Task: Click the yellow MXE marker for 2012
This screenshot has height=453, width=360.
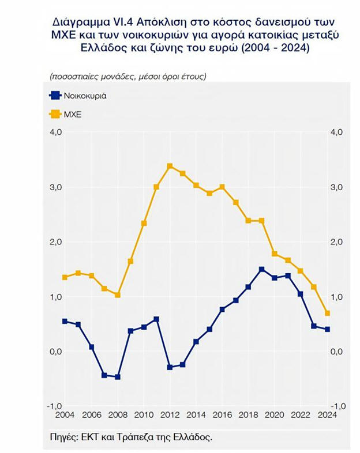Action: pos(170,166)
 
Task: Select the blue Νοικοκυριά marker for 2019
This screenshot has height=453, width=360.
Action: pos(261,269)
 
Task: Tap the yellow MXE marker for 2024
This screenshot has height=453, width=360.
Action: pos(328,313)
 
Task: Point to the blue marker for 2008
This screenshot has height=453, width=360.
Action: pos(117,377)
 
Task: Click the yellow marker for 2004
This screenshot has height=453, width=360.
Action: pos(65,277)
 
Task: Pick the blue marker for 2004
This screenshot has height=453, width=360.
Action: pos(65,321)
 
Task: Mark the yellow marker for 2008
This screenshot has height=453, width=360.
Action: pos(117,295)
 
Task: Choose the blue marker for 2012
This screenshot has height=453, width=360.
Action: pos(170,367)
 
